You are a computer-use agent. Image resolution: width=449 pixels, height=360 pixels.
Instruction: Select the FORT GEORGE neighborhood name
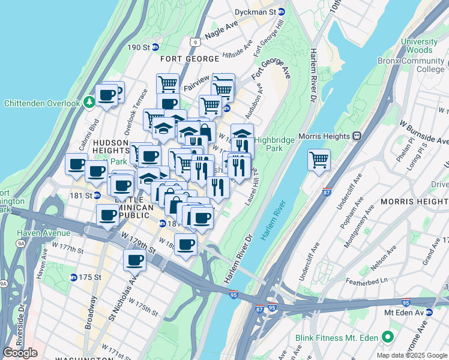tap(189, 59)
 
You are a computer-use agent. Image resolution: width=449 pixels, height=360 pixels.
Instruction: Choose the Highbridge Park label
tap(274, 144)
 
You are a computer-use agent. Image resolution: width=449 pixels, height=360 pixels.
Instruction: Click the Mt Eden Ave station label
tap(405, 312)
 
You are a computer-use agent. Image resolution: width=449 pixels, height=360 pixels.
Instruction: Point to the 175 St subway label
tap(85, 277)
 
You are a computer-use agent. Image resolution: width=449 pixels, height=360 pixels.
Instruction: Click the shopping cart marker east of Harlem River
tap(319, 160)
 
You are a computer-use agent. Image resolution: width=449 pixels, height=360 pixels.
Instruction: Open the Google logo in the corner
tap(20, 352)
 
